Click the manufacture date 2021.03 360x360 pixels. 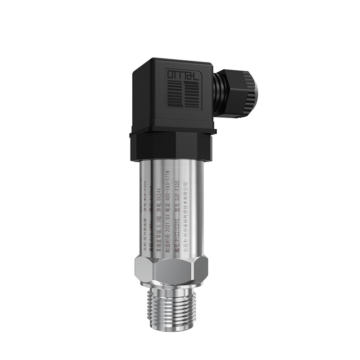click(167, 225)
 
